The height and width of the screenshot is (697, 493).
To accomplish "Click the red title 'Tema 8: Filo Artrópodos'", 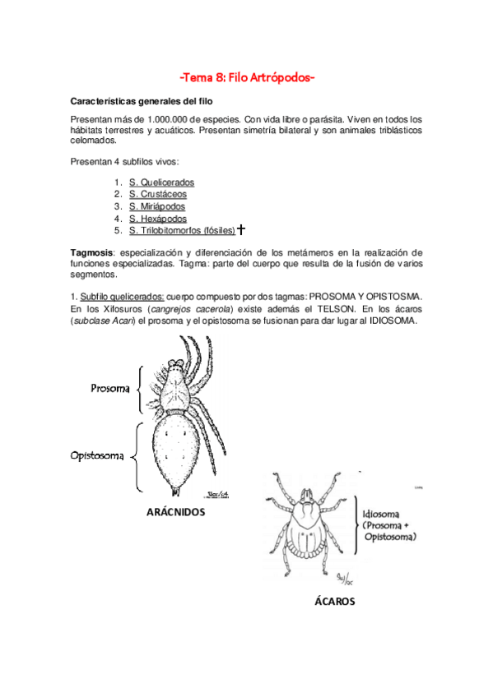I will click(x=247, y=78).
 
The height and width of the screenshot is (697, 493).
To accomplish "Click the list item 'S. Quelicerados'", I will click(x=161, y=182).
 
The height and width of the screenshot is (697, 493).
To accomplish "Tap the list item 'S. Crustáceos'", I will click(x=157, y=194).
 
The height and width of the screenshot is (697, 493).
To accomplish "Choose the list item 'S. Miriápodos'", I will click(x=157, y=206).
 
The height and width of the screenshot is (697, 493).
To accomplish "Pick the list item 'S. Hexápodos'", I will click(x=157, y=219).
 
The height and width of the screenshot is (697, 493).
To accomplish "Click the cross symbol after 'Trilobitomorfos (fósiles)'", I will click(x=241, y=230).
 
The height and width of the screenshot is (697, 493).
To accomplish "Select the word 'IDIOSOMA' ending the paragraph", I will click(x=393, y=320).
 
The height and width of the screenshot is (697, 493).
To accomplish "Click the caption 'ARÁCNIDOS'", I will click(x=174, y=513).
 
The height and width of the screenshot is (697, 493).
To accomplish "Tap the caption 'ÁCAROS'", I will click(x=335, y=601).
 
